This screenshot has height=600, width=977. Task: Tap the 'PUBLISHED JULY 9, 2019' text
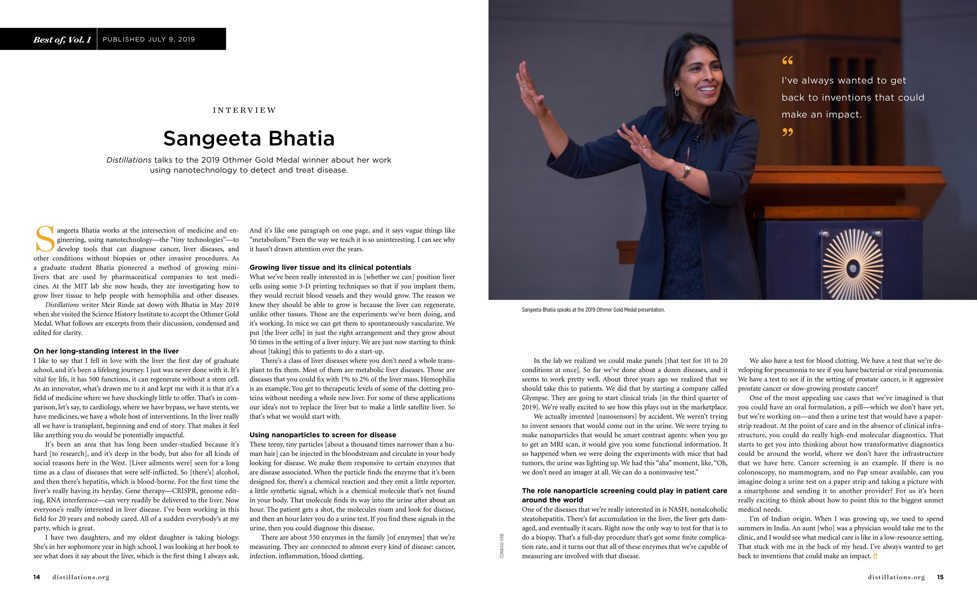[149, 39]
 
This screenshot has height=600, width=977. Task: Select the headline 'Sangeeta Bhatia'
[249, 138]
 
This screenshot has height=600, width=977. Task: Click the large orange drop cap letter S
[44, 239]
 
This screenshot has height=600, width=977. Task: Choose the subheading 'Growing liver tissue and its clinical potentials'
[330, 268]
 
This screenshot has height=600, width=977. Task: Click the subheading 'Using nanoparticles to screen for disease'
[323, 435]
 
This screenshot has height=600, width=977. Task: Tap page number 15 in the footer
[940, 577]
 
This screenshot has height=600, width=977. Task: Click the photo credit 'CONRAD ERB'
[502, 546]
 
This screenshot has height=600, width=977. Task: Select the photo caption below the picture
[593, 310]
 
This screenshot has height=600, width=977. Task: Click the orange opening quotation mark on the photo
[787, 61]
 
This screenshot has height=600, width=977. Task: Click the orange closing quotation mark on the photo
[787, 132]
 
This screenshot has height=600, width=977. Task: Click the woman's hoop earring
[677, 92]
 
